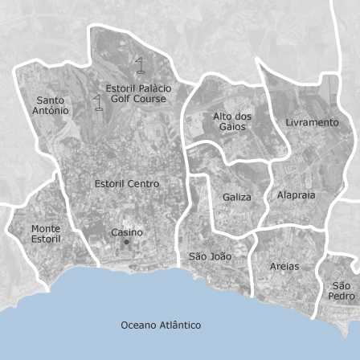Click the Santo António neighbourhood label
(51, 105)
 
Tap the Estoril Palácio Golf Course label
(137, 93)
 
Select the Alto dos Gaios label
(232, 121)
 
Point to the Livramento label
(312, 122)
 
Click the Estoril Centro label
(126, 183)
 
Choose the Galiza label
(237, 197)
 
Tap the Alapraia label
(296, 194)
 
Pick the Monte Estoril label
(46, 234)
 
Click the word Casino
(127, 232)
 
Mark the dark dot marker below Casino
(126, 241)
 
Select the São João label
(210, 256)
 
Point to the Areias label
(284, 266)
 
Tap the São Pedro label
(342, 291)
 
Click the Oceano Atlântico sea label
(161, 325)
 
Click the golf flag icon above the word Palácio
(140, 65)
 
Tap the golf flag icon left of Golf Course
(99, 102)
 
